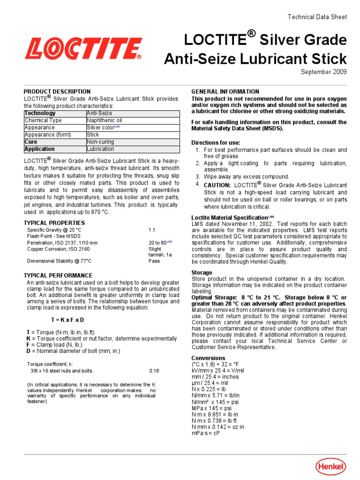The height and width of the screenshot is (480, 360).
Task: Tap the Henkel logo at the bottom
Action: point(330,466)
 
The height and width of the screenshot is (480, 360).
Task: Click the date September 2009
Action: point(323,72)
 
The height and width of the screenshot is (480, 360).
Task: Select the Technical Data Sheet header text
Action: point(317,17)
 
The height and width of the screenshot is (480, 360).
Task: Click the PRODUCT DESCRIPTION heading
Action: point(57,91)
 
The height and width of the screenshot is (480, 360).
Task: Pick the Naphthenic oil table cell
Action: point(104,120)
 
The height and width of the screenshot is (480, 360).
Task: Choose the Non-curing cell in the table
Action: point(100,142)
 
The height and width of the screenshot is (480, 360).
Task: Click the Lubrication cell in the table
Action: point(100,149)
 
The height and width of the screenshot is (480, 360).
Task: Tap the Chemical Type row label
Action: point(43,120)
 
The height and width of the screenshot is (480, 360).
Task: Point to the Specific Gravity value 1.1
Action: point(152,230)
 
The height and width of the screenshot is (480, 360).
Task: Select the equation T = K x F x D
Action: point(67,320)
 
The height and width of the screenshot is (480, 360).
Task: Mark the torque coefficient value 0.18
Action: point(154,371)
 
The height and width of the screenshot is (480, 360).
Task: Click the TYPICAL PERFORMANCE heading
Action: point(58,276)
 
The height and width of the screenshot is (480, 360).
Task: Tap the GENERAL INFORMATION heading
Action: point(225,91)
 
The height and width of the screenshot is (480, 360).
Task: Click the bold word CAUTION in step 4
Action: point(217,185)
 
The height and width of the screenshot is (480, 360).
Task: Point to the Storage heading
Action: point(202,272)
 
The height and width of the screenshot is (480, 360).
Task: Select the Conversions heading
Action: point(208,358)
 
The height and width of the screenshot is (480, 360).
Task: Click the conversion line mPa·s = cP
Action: point(205,434)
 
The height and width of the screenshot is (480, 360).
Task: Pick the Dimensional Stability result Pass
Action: point(154,261)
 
